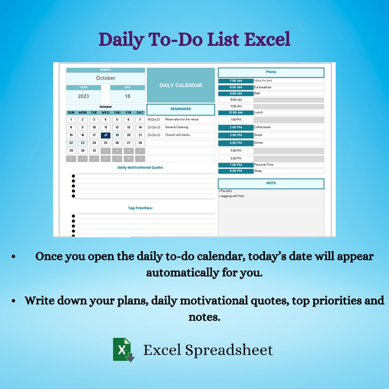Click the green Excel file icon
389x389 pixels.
tap(123, 349)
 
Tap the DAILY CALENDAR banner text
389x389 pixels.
tap(181, 85)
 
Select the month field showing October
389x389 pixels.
tap(105, 78)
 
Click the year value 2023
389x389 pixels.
tap(83, 96)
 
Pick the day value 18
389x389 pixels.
tap(127, 96)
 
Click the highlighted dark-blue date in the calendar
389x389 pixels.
tap(105, 135)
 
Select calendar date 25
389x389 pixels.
tap(105, 143)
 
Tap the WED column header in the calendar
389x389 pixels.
tap(105, 113)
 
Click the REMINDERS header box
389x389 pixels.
tap(181, 109)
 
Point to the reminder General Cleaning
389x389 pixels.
tap(176, 127)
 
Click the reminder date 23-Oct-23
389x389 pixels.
tap(154, 135)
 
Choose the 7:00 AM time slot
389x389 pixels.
tap(235, 81)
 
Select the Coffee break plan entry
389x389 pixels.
tap(262, 127)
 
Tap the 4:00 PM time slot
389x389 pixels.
tap(235, 143)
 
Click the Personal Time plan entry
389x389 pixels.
tap(263, 165)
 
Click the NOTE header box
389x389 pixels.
tap(271, 183)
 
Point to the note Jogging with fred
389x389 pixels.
tap(232, 196)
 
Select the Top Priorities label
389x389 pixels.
tap(140, 208)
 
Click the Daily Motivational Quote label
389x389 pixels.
tap(140, 168)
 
